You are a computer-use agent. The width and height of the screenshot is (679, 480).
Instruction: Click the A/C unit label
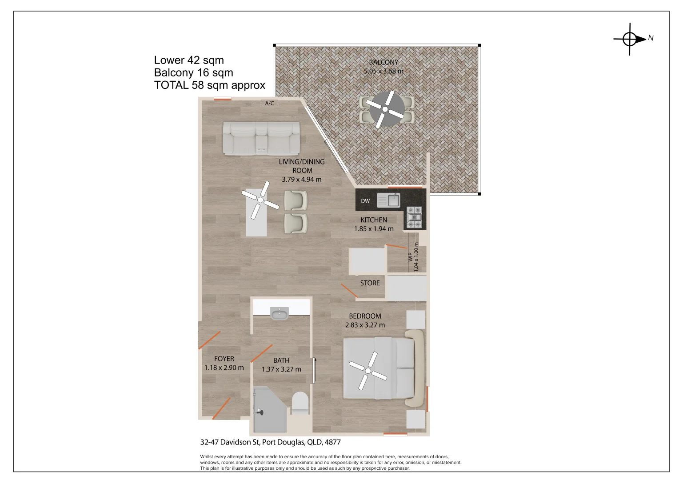point(269,103)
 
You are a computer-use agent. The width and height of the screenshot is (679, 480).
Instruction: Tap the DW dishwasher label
point(365,201)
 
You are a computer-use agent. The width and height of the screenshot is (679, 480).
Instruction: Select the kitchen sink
point(388,200)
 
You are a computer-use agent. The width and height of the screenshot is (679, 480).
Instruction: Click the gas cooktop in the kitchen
point(414,217)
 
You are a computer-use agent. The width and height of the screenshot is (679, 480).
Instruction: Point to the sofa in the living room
point(261,139)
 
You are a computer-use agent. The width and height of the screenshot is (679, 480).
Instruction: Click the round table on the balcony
point(385,109)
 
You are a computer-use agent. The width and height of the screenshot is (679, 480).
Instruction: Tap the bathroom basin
point(280,313)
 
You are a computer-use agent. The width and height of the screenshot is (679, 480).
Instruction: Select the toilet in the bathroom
point(300,403)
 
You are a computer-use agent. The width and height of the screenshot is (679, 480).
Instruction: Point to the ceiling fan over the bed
point(367,371)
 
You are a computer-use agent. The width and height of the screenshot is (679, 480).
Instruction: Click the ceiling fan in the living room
point(260,200)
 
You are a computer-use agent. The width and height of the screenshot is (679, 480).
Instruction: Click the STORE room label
point(370,283)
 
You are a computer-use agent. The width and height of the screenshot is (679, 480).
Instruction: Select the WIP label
point(410,257)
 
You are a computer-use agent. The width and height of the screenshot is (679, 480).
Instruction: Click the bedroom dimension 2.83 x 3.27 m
point(365,325)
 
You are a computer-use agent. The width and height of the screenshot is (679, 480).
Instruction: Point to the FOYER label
point(224,359)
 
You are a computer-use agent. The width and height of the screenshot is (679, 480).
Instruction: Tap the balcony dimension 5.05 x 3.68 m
point(383,71)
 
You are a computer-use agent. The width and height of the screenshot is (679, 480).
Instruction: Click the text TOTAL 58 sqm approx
point(209,85)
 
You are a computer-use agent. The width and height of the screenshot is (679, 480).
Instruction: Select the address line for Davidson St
point(270,442)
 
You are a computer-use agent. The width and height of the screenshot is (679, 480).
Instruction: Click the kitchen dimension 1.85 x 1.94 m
point(374,229)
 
